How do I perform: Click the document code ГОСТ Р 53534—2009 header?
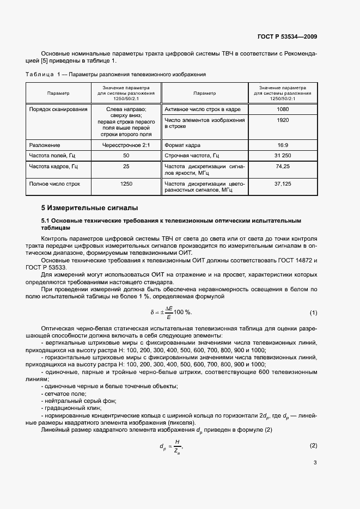tap(287, 37)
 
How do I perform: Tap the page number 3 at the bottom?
tap(315, 463)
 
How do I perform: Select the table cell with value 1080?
tap(283, 109)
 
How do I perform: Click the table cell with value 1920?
tap(283, 120)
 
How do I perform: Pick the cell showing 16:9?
tap(283, 145)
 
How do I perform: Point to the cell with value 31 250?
tap(283, 156)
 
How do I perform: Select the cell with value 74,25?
tap(283, 166)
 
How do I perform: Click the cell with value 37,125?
tap(283, 184)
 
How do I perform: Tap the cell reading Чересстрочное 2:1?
tap(126, 145)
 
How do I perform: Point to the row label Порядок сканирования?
tap(58, 109)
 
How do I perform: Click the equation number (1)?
tap(313, 312)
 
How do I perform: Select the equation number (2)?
tap(313, 446)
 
